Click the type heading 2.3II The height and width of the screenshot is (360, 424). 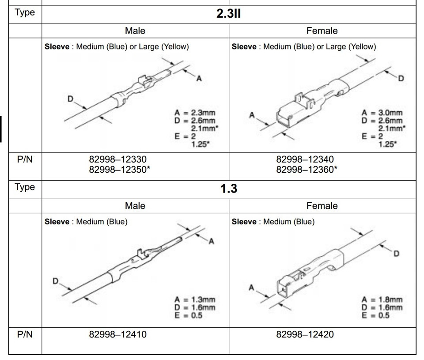click(x=228, y=14)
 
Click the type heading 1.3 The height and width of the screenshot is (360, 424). click(x=228, y=189)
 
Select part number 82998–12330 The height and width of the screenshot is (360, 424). click(x=117, y=159)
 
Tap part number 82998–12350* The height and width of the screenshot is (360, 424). click(x=119, y=169)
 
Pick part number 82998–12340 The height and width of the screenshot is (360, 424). click(x=305, y=159)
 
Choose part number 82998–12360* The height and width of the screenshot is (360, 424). click(x=307, y=169)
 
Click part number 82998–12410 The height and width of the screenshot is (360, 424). click(x=117, y=334)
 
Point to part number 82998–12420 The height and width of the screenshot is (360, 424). click(x=305, y=334)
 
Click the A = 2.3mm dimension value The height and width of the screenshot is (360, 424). click(x=195, y=114)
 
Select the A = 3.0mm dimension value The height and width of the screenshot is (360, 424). click(x=382, y=114)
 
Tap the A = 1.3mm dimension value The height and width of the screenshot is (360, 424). click(x=195, y=300)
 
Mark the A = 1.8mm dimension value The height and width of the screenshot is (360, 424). click(x=382, y=300)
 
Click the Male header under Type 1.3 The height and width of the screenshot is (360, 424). click(x=135, y=206)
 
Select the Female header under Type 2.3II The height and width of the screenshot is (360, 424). click(x=322, y=31)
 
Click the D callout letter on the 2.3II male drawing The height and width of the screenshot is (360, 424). click(x=70, y=99)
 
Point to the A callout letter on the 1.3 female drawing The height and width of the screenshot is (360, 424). click(x=251, y=288)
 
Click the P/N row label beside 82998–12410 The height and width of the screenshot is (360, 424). click(x=25, y=334)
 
